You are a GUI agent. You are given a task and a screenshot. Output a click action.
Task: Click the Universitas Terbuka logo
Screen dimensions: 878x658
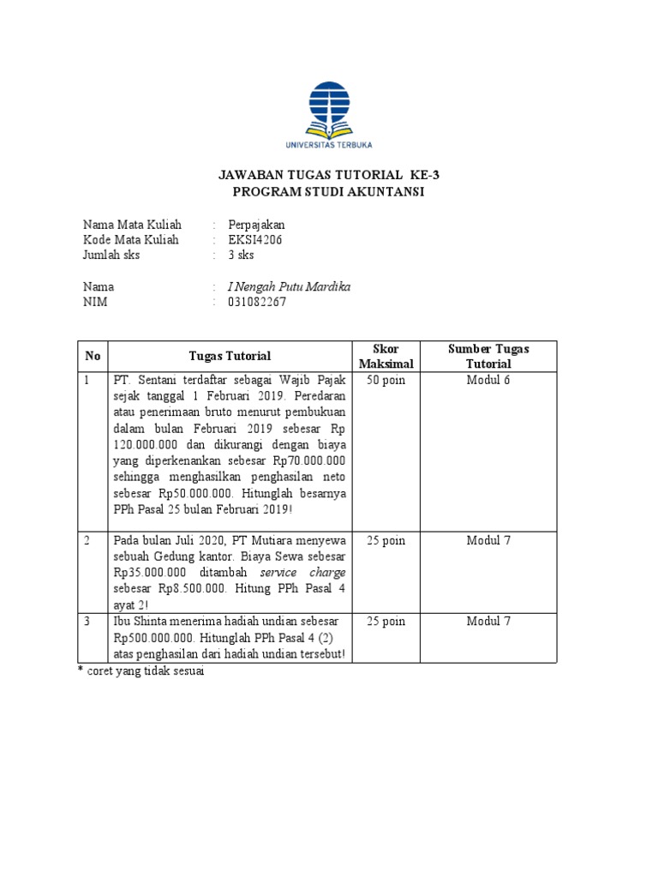pyautogui.click(x=328, y=115)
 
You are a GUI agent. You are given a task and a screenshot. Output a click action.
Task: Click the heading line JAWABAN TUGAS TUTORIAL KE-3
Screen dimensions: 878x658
pyautogui.click(x=329, y=175)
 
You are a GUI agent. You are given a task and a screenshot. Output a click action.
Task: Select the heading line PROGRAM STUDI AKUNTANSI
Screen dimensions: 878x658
pyautogui.click(x=329, y=191)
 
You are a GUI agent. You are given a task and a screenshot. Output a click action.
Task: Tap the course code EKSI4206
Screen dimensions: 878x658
pyautogui.click(x=254, y=239)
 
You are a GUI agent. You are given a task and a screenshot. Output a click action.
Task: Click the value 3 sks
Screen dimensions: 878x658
pyautogui.click(x=241, y=255)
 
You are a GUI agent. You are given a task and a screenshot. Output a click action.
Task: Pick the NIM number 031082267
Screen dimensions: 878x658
pyautogui.click(x=257, y=302)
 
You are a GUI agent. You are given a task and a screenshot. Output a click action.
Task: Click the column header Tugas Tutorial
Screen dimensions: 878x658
pyautogui.click(x=230, y=356)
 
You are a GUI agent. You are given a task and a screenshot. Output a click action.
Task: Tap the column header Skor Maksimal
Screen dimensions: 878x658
pyautogui.click(x=386, y=356)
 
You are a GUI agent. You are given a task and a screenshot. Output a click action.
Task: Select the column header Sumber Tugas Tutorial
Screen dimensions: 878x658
pyautogui.click(x=488, y=356)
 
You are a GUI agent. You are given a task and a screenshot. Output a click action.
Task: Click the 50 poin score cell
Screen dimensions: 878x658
pyautogui.click(x=386, y=380)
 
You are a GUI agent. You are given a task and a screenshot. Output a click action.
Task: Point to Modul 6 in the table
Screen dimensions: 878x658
pyautogui.click(x=488, y=380)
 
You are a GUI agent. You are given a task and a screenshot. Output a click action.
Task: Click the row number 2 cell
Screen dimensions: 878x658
pyautogui.click(x=87, y=540)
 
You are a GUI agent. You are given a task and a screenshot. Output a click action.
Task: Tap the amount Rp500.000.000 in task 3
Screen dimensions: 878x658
pyautogui.click(x=155, y=638)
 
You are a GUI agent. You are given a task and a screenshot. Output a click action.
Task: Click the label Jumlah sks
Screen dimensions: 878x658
pyautogui.click(x=111, y=255)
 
